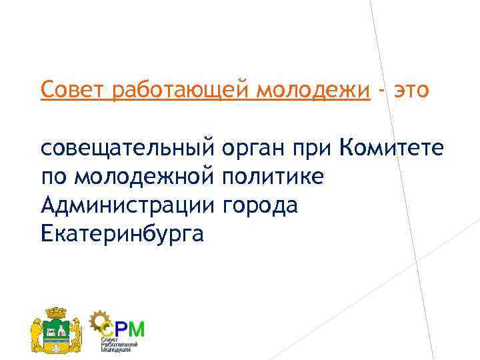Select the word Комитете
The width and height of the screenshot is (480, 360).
390,147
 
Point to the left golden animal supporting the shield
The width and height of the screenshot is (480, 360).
39,332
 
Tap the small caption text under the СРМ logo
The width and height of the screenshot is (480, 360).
119,345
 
